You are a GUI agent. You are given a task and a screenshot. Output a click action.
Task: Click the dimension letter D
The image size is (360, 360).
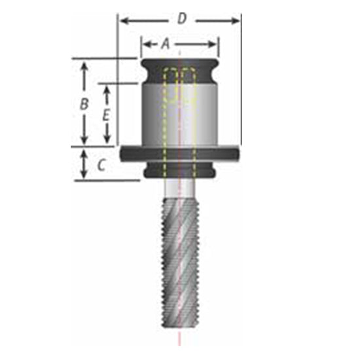tap(181, 18)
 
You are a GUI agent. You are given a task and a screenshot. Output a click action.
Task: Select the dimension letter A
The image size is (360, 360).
tap(166, 43)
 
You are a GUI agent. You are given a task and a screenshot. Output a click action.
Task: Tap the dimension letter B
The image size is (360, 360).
tap(84, 103)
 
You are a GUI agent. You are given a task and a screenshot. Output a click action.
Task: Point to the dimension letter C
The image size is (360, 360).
tap(101, 165)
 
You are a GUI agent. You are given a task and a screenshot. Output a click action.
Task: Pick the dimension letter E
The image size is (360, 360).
tap(107, 114)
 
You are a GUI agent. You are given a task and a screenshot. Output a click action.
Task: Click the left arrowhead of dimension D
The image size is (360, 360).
tap(122, 21)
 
